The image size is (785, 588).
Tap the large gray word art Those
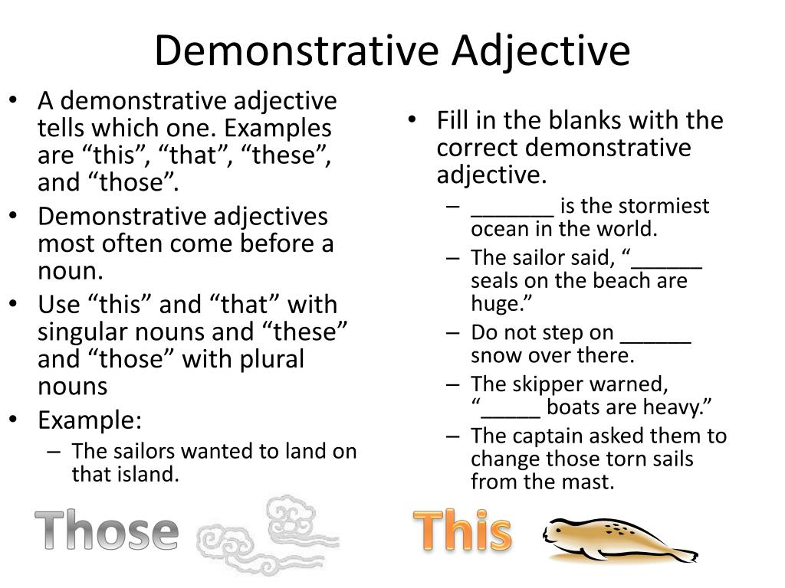[x=107, y=532]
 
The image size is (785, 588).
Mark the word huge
[x=494, y=304]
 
